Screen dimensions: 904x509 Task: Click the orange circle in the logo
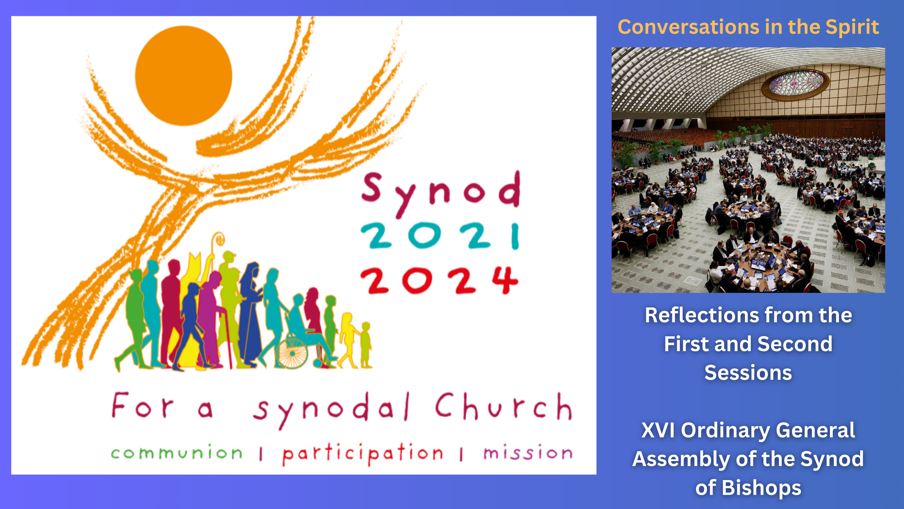(x=184, y=76)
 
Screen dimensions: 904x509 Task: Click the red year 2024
(x=439, y=281)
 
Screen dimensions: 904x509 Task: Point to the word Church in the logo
(x=504, y=406)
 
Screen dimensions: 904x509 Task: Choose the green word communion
(x=177, y=452)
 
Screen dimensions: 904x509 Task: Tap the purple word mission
(x=528, y=452)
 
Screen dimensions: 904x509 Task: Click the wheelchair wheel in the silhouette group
(x=292, y=353)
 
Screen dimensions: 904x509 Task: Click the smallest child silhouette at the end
(x=366, y=345)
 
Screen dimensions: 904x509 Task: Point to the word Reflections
(x=698, y=315)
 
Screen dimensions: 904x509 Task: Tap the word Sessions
(x=748, y=373)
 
